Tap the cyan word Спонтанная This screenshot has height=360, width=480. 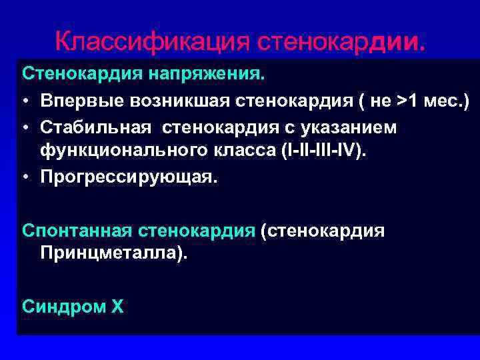[77, 230]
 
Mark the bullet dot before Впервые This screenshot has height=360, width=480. [25, 101]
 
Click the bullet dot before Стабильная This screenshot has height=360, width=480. [25, 127]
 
